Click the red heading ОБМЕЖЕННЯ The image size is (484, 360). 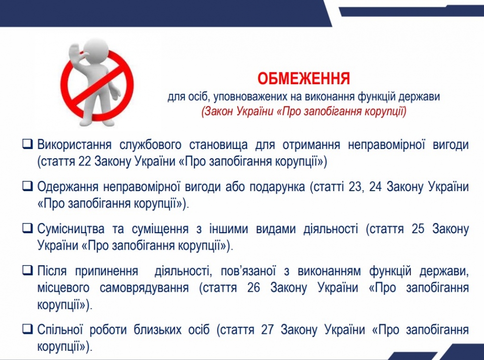coord(304,79)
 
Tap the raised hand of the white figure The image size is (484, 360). coord(75,55)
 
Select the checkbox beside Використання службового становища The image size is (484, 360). coord(28,144)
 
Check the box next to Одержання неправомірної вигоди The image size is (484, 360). coord(28,186)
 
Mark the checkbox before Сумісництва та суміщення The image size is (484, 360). coord(28,228)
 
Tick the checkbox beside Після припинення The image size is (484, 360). coord(28,270)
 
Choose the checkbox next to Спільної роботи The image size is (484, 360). coord(28,329)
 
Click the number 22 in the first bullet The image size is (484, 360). coord(85,161)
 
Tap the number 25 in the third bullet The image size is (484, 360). coord(418,229)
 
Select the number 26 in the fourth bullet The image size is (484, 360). coord(254,287)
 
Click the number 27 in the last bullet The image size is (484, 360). coord(267,330)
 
